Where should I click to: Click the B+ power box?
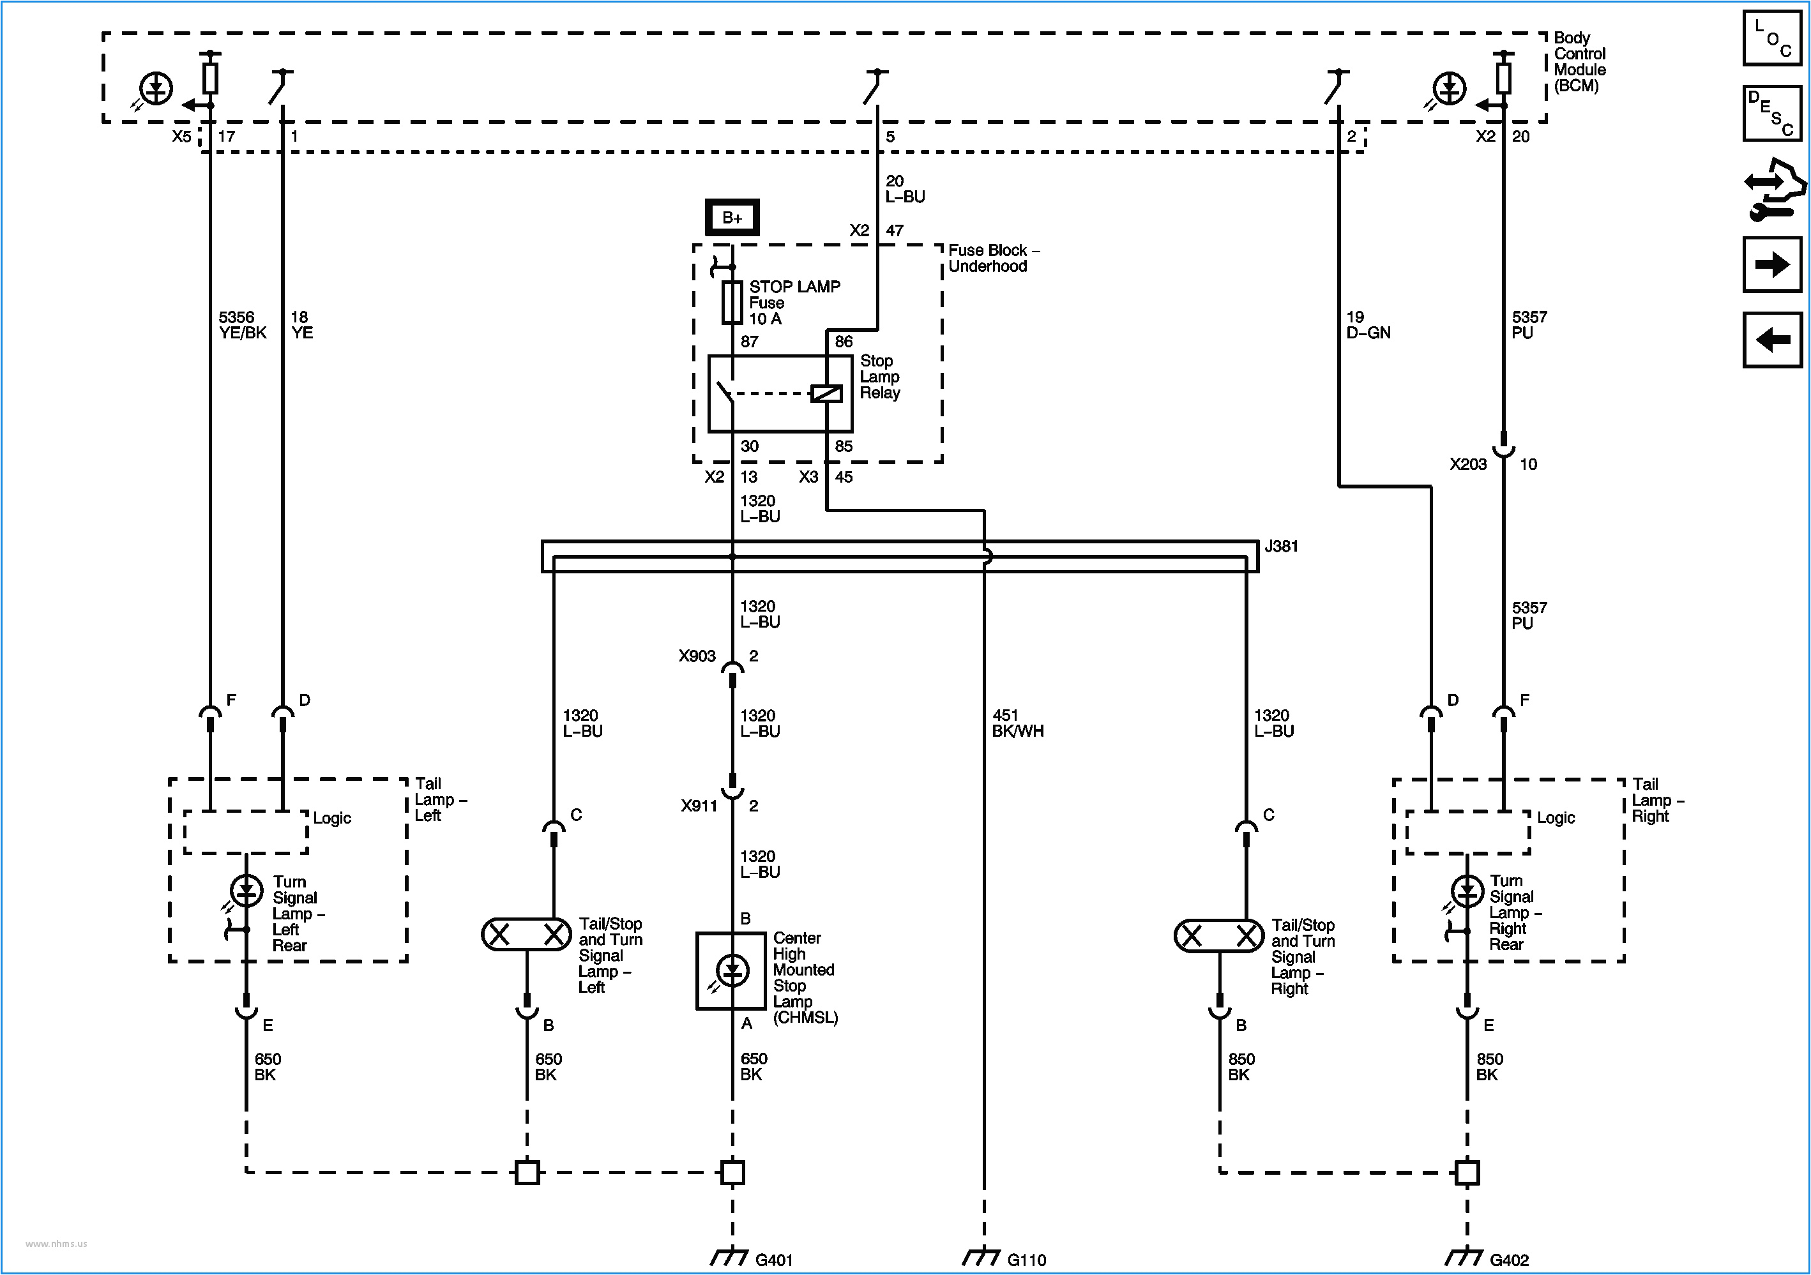(732, 218)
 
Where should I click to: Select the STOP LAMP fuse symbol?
(732, 302)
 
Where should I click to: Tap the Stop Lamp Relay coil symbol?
(826, 393)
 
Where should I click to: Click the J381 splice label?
(1281, 547)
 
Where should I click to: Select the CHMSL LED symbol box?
(731, 970)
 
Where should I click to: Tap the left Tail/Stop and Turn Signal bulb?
(526, 935)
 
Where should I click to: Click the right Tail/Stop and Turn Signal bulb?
(1218, 936)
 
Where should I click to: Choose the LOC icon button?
(1771, 38)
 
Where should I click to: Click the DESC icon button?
(1771, 113)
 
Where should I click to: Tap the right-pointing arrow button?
(1771, 264)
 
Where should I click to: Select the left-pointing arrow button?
(1771, 340)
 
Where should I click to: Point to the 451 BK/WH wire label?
(1017, 723)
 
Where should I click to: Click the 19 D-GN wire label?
(1368, 325)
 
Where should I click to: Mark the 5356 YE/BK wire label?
(242, 325)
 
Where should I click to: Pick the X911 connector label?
(699, 806)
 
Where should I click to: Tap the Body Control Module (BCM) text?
(1579, 61)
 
